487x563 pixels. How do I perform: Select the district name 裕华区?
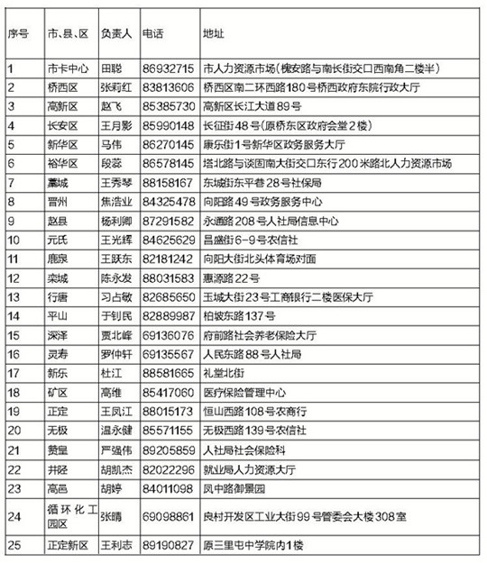[63, 163]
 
